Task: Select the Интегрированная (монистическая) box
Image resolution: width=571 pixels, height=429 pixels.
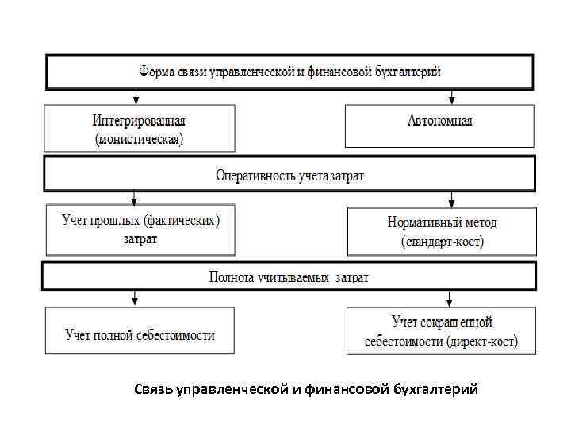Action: [x=139, y=129]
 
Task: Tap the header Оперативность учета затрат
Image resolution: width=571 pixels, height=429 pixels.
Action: [x=289, y=175]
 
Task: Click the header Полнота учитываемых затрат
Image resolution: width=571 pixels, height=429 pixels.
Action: [x=289, y=276]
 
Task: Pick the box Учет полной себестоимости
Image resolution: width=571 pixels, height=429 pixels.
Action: [x=140, y=334]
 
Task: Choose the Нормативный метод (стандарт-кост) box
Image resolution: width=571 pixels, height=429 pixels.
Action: [x=442, y=231]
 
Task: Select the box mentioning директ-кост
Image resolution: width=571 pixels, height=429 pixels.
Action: [x=441, y=332]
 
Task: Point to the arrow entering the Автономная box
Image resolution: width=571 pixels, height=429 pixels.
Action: [x=452, y=97]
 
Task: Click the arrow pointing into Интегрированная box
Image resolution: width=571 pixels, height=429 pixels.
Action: [x=136, y=97]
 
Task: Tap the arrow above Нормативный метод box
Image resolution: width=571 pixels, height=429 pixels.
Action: [x=452, y=199]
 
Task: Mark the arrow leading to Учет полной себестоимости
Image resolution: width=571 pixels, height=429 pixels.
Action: [x=136, y=299]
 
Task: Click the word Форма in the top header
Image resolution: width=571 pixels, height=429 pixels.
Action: [x=155, y=72]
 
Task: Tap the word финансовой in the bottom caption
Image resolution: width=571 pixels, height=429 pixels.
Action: [x=347, y=390]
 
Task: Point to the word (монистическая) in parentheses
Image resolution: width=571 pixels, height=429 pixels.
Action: [x=139, y=139]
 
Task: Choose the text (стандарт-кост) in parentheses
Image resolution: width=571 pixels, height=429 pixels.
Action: [x=442, y=241]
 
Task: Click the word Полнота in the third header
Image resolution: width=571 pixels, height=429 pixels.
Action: [x=231, y=277]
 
